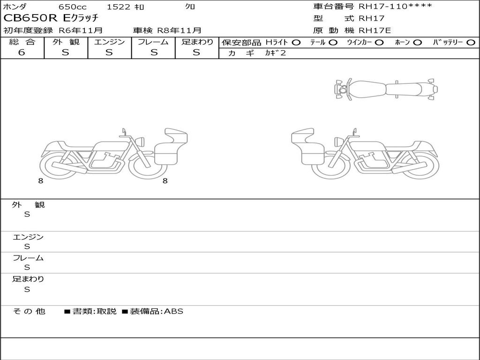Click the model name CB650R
[30, 18]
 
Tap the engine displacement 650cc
[73, 7]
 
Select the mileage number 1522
[119, 7]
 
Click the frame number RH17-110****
[395, 7]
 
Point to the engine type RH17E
[375, 30]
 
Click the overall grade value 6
[22, 52]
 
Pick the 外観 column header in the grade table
[66, 42]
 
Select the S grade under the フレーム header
[154, 52]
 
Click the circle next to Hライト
[296, 43]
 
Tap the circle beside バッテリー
[471, 43]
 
